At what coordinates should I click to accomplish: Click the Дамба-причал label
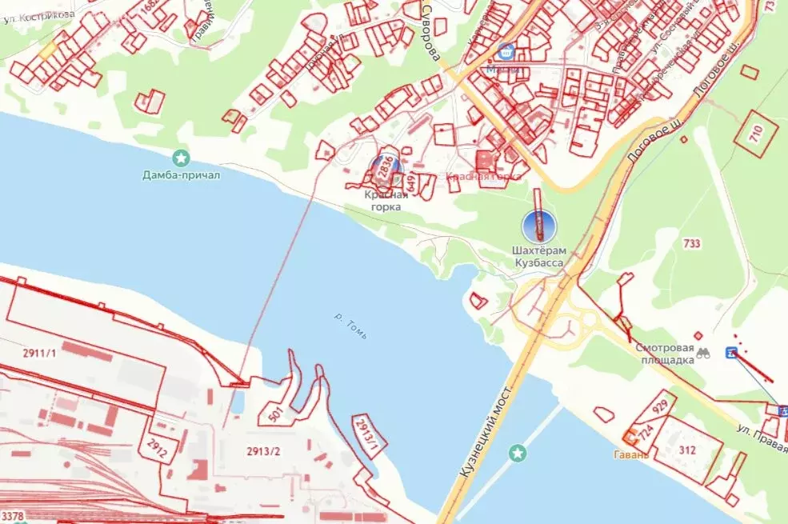(181, 174)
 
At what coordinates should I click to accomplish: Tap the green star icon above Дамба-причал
(181, 157)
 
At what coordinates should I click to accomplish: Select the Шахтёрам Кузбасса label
(538, 256)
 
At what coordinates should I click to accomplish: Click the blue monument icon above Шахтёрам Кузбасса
(538, 226)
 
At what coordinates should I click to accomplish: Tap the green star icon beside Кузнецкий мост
(518, 454)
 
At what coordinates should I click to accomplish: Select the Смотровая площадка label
(665, 354)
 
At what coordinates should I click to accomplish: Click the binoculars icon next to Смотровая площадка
(704, 353)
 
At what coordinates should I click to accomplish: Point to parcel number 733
(693, 242)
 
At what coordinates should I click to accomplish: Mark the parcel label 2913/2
(264, 452)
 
